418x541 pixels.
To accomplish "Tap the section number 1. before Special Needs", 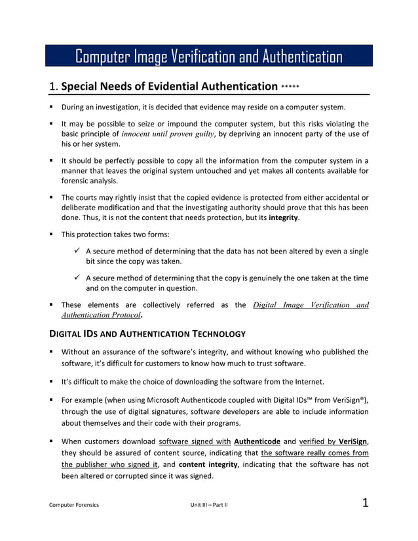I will tap(54, 86).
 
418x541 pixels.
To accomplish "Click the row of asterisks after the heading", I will tap(290, 86).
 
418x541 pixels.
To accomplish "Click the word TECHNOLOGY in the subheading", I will tap(208, 334).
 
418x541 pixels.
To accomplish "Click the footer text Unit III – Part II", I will tap(208, 505).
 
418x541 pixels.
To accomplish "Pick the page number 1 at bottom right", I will tap(366, 503).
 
